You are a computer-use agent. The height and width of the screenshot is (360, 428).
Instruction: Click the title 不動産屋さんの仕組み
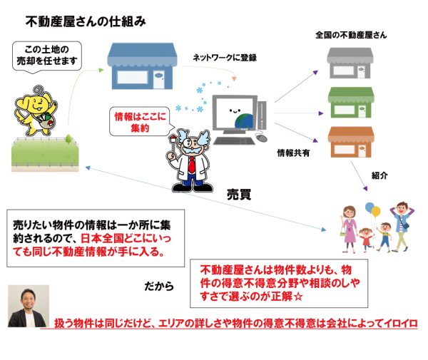pyautogui.click(x=86, y=22)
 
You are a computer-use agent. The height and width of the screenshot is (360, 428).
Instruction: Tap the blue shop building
pyautogui.click(x=142, y=66)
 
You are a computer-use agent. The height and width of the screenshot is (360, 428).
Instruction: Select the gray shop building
pyautogui.click(x=350, y=63)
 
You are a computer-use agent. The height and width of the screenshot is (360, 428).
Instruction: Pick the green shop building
pyautogui.click(x=351, y=103)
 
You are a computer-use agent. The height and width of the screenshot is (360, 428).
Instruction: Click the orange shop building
pyautogui.click(x=351, y=142)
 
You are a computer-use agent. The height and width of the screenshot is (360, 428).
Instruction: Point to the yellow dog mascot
pyautogui.click(x=36, y=111)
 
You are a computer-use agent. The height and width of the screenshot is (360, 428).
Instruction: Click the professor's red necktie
pyautogui.click(x=192, y=165)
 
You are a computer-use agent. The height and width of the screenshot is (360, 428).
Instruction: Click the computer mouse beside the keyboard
pyautogui.click(x=262, y=138)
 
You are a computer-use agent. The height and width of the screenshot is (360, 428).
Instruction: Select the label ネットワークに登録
pyautogui.click(x=225, y=58)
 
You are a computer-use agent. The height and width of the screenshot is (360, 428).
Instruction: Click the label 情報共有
pyautogui.click(x=293, y=153)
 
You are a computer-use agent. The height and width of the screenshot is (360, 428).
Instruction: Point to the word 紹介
pyautogui.click(x=379, y=175)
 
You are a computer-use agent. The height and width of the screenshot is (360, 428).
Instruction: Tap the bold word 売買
pyautogui.click(x=239, y=195)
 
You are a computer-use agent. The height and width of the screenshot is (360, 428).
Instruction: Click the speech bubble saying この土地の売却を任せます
pyautogui.click(x=46, y=56)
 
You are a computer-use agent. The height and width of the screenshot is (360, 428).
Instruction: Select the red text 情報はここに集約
pyautogui.click(x=140, y=122)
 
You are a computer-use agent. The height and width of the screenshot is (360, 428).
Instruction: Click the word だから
pyautogui.click(x=159, y=286)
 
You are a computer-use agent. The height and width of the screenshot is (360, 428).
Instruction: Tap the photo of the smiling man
pyautogui.click(x=29, y=306)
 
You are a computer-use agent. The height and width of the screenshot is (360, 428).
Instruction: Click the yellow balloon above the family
pyautogui.click(x=376, y=212)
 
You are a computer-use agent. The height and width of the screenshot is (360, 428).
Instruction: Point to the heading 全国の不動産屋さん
pyautogui.click(x=351, y=35)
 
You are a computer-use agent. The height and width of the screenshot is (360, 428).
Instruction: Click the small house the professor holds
pyautogui.click(x=173, y=138)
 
